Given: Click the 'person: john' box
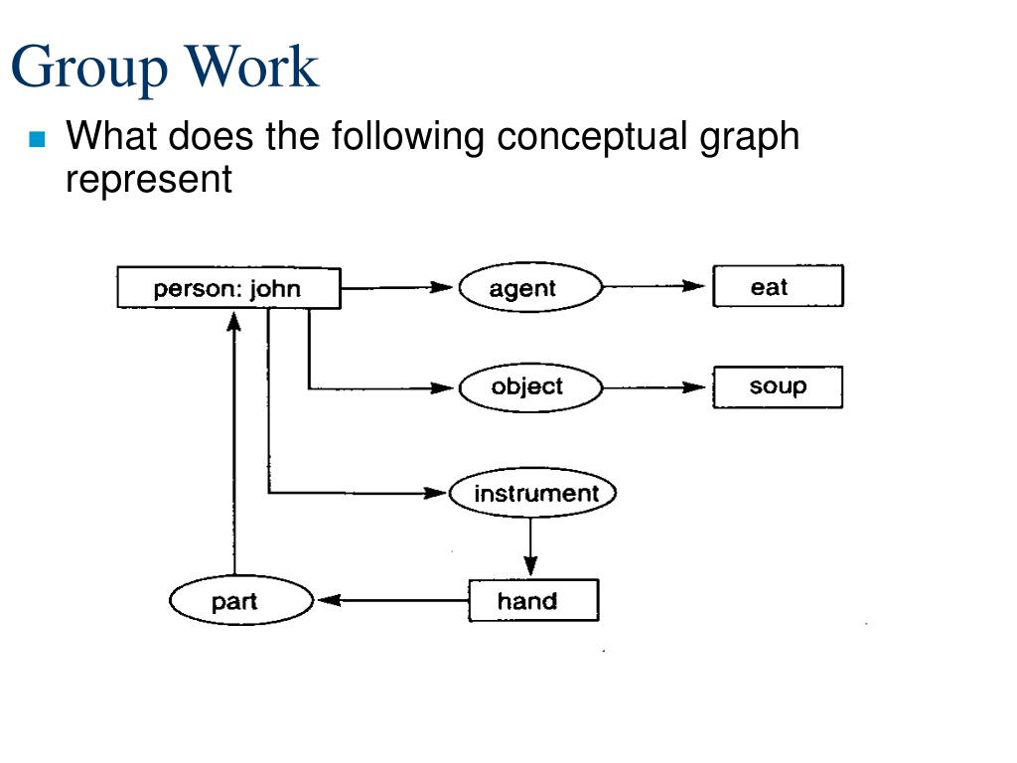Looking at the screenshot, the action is [229, 287].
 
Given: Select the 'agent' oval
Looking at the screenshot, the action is [530, 287].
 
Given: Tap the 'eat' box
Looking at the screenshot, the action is [779, 285].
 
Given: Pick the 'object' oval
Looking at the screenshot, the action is [530, 387].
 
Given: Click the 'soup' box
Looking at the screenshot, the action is [779, 386].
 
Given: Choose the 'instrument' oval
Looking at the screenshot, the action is [532, 493].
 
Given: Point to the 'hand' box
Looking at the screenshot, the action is [533, 600].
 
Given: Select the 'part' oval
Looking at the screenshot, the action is [241, 601].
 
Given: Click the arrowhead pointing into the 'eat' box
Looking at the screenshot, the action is [693, 285].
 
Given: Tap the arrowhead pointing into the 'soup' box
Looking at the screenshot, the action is [693, 387].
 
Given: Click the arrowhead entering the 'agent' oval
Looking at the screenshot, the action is [441, 287].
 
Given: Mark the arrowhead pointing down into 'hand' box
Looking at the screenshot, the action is [530, 565].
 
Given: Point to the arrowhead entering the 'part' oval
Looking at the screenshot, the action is [329, 600].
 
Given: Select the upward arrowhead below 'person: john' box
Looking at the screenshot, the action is [234, 322].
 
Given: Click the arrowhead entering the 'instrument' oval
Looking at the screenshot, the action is [435, 493].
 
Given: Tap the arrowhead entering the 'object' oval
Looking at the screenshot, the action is [442, 388].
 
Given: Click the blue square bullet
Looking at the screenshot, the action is [37, 139].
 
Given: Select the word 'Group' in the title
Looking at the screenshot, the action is [89, 68].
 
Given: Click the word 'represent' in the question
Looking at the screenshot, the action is [149, 179].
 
